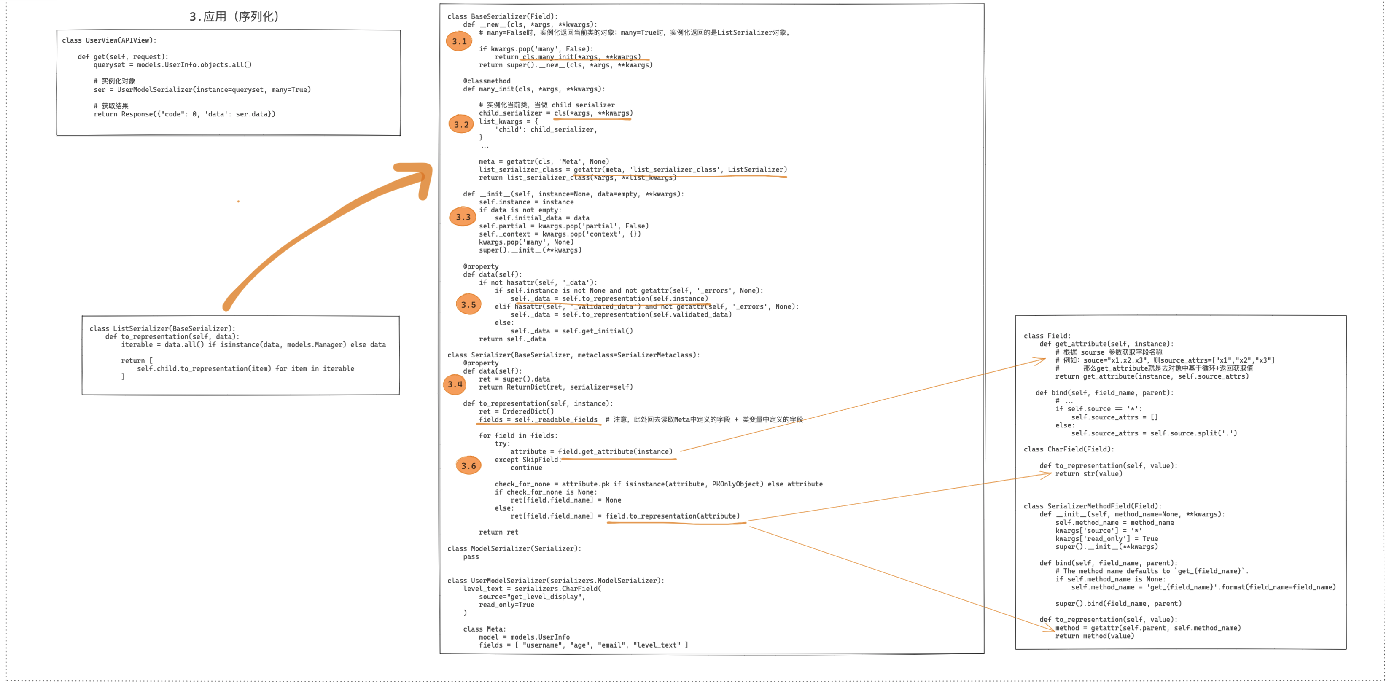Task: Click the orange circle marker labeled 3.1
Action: click(x=459, y=41)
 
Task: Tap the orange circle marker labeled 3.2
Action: click(x=461, y=124)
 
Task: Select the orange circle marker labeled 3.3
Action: click(x=463, y=217)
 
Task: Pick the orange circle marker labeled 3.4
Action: click(x=455, y=384)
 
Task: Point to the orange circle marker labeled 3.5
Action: click(x=468, y=305)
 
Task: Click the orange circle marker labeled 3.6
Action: click(x=468, y=465)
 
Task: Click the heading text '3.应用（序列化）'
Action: click(x=234, y=17)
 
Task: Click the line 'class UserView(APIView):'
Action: click(x=109, y=40)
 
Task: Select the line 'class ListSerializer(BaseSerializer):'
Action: click(x=162, y=328)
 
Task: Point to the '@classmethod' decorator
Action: click(x=486, y=81)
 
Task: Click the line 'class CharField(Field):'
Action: click(x=1069, y=449)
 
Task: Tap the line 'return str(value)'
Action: click(x=1088, y=473)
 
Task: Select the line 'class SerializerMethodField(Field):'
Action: click(x=1093, y=506)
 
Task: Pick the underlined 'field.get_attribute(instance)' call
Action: click(x=615, y=451)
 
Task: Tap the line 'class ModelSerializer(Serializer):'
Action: click(x=514, y=548)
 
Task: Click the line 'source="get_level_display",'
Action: click(x=532, y=597)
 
